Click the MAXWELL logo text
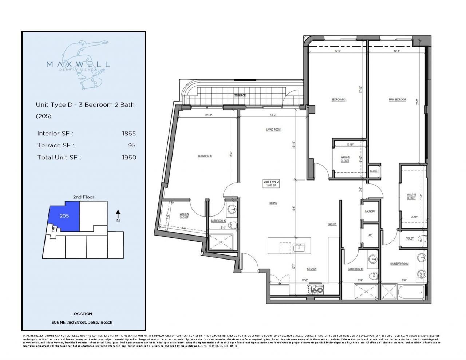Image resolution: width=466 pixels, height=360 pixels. click(x=78, y=64)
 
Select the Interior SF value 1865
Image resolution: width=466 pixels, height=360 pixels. click(x=129, y=134)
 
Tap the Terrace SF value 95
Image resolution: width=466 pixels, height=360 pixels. click(x=131, y=145)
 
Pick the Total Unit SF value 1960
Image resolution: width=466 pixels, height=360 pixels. click(x=129, y=158)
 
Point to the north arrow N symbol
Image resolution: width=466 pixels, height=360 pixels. click(x=118, y=216)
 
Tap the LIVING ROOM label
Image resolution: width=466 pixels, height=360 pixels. click(x=273, y=130)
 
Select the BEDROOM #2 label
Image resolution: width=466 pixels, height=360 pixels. click(x=205, y=156)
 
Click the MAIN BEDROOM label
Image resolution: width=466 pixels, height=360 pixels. click(x=397, y=99)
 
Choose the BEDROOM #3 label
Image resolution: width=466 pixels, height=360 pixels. click(x=338, y=99)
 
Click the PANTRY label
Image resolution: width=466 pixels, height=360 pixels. click(x=332, y=224)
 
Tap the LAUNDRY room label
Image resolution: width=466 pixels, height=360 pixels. click(x=370, y=211)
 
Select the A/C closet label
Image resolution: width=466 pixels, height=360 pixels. click(x=370, y=235)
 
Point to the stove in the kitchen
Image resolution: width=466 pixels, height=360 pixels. click(x=316, y=290)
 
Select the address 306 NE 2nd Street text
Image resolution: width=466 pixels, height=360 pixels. click(x=82, y=322)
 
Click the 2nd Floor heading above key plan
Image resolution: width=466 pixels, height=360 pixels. click(x=83, y=197)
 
